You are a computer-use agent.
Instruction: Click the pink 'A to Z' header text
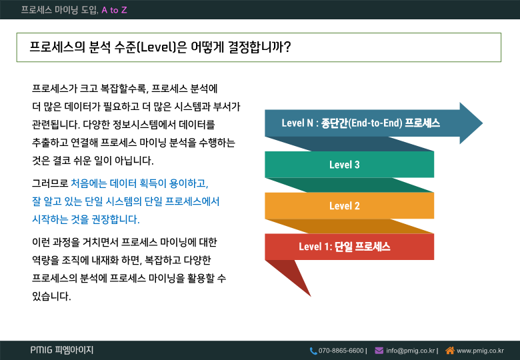click(x=114, y=10)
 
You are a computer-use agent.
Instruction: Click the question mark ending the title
click(x=287, y=47)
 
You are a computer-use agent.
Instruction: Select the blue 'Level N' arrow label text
click(x=361, y=123)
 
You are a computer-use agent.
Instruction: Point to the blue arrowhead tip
click(x=482, y=123)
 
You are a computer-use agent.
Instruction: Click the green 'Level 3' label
click(x=344, y=165)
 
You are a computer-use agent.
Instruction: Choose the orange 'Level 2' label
click(x=344, y=205)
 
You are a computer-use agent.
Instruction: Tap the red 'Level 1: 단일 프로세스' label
click(x=344, y=247)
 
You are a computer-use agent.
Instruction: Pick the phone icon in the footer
click(x=313, y=351)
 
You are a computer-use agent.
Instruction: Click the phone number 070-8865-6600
click(x=341, y=351)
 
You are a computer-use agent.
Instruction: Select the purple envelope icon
click(x=379, y=351)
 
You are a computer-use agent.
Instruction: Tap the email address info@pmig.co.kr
click(x=410, y=351)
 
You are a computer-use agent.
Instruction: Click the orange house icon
click(x=450, y=351)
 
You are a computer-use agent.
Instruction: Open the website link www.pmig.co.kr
click(x=480, y=351)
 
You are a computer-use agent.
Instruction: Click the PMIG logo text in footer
click(x=62, y=350)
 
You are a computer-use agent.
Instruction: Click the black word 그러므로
click(x=50, y=183)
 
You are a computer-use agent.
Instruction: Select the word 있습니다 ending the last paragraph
click(x=51, y=296)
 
